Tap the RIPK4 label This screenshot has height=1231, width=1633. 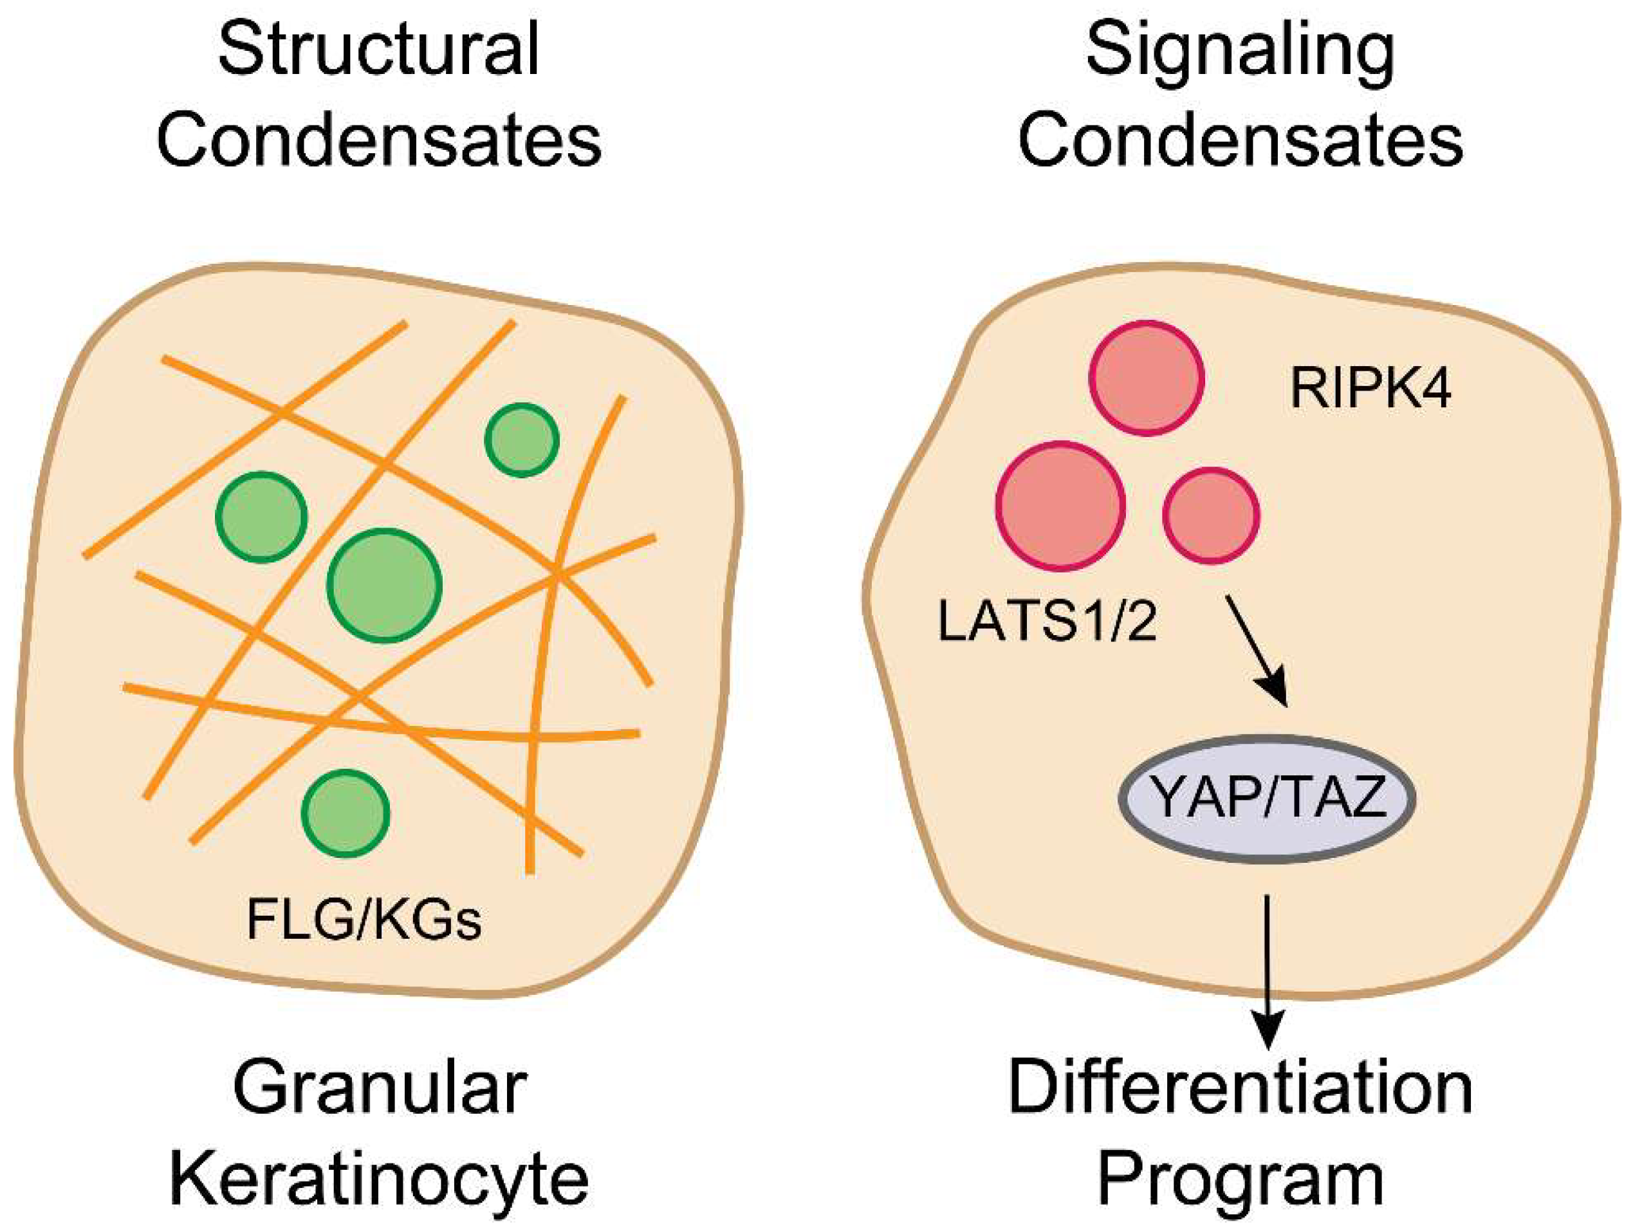coord(1371,389)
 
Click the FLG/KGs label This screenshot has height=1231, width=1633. coord(364,921)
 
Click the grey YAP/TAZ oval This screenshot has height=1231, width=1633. coord(1268,799)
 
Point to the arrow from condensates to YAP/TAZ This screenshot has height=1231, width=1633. coord(1257,651)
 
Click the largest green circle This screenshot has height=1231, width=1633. coord(384,585)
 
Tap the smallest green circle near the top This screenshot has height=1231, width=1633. coord(521,440)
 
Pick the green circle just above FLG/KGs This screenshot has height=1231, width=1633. coord(346,813)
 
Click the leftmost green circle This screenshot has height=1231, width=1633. coord(261,517)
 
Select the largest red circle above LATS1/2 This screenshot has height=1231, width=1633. coord(1061,506)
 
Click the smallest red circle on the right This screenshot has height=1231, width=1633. coord(1211,515)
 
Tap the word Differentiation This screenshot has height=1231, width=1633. coord(1241,1089)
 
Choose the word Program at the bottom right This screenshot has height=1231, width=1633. coord(1241,1180)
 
